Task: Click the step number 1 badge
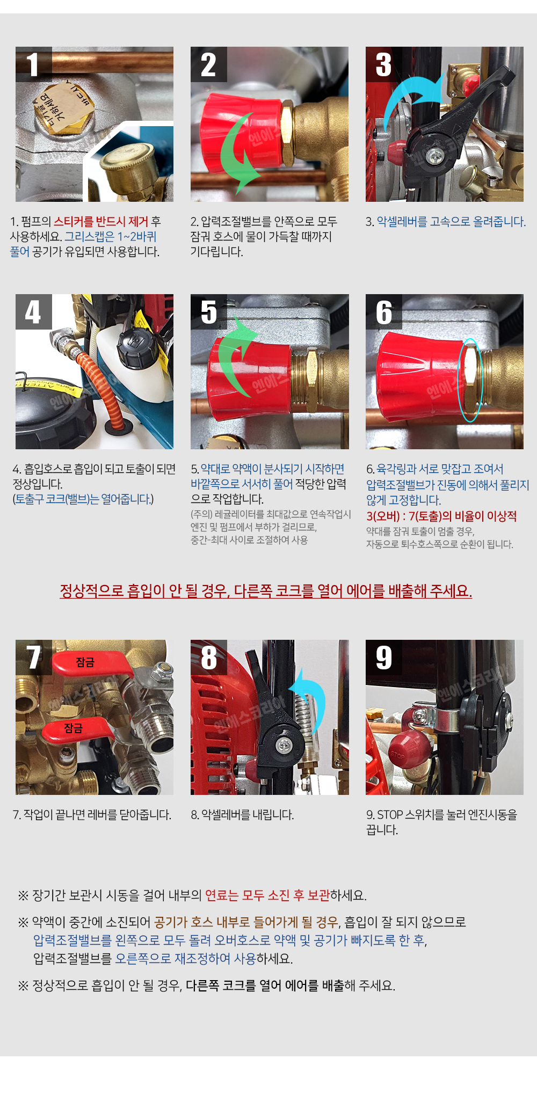coord(33,64)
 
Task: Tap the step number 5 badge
coord(208,312)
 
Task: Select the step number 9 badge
coord(383,658)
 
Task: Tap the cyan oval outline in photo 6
coord(470,380)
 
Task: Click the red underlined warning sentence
coord(266,591)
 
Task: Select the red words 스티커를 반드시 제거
coord(101,222)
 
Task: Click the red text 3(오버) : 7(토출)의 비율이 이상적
coord(441,516)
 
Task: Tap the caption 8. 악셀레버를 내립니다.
coord(242,815)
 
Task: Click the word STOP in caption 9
coord(390,815)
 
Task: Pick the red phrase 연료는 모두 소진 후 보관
coord(267,895)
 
